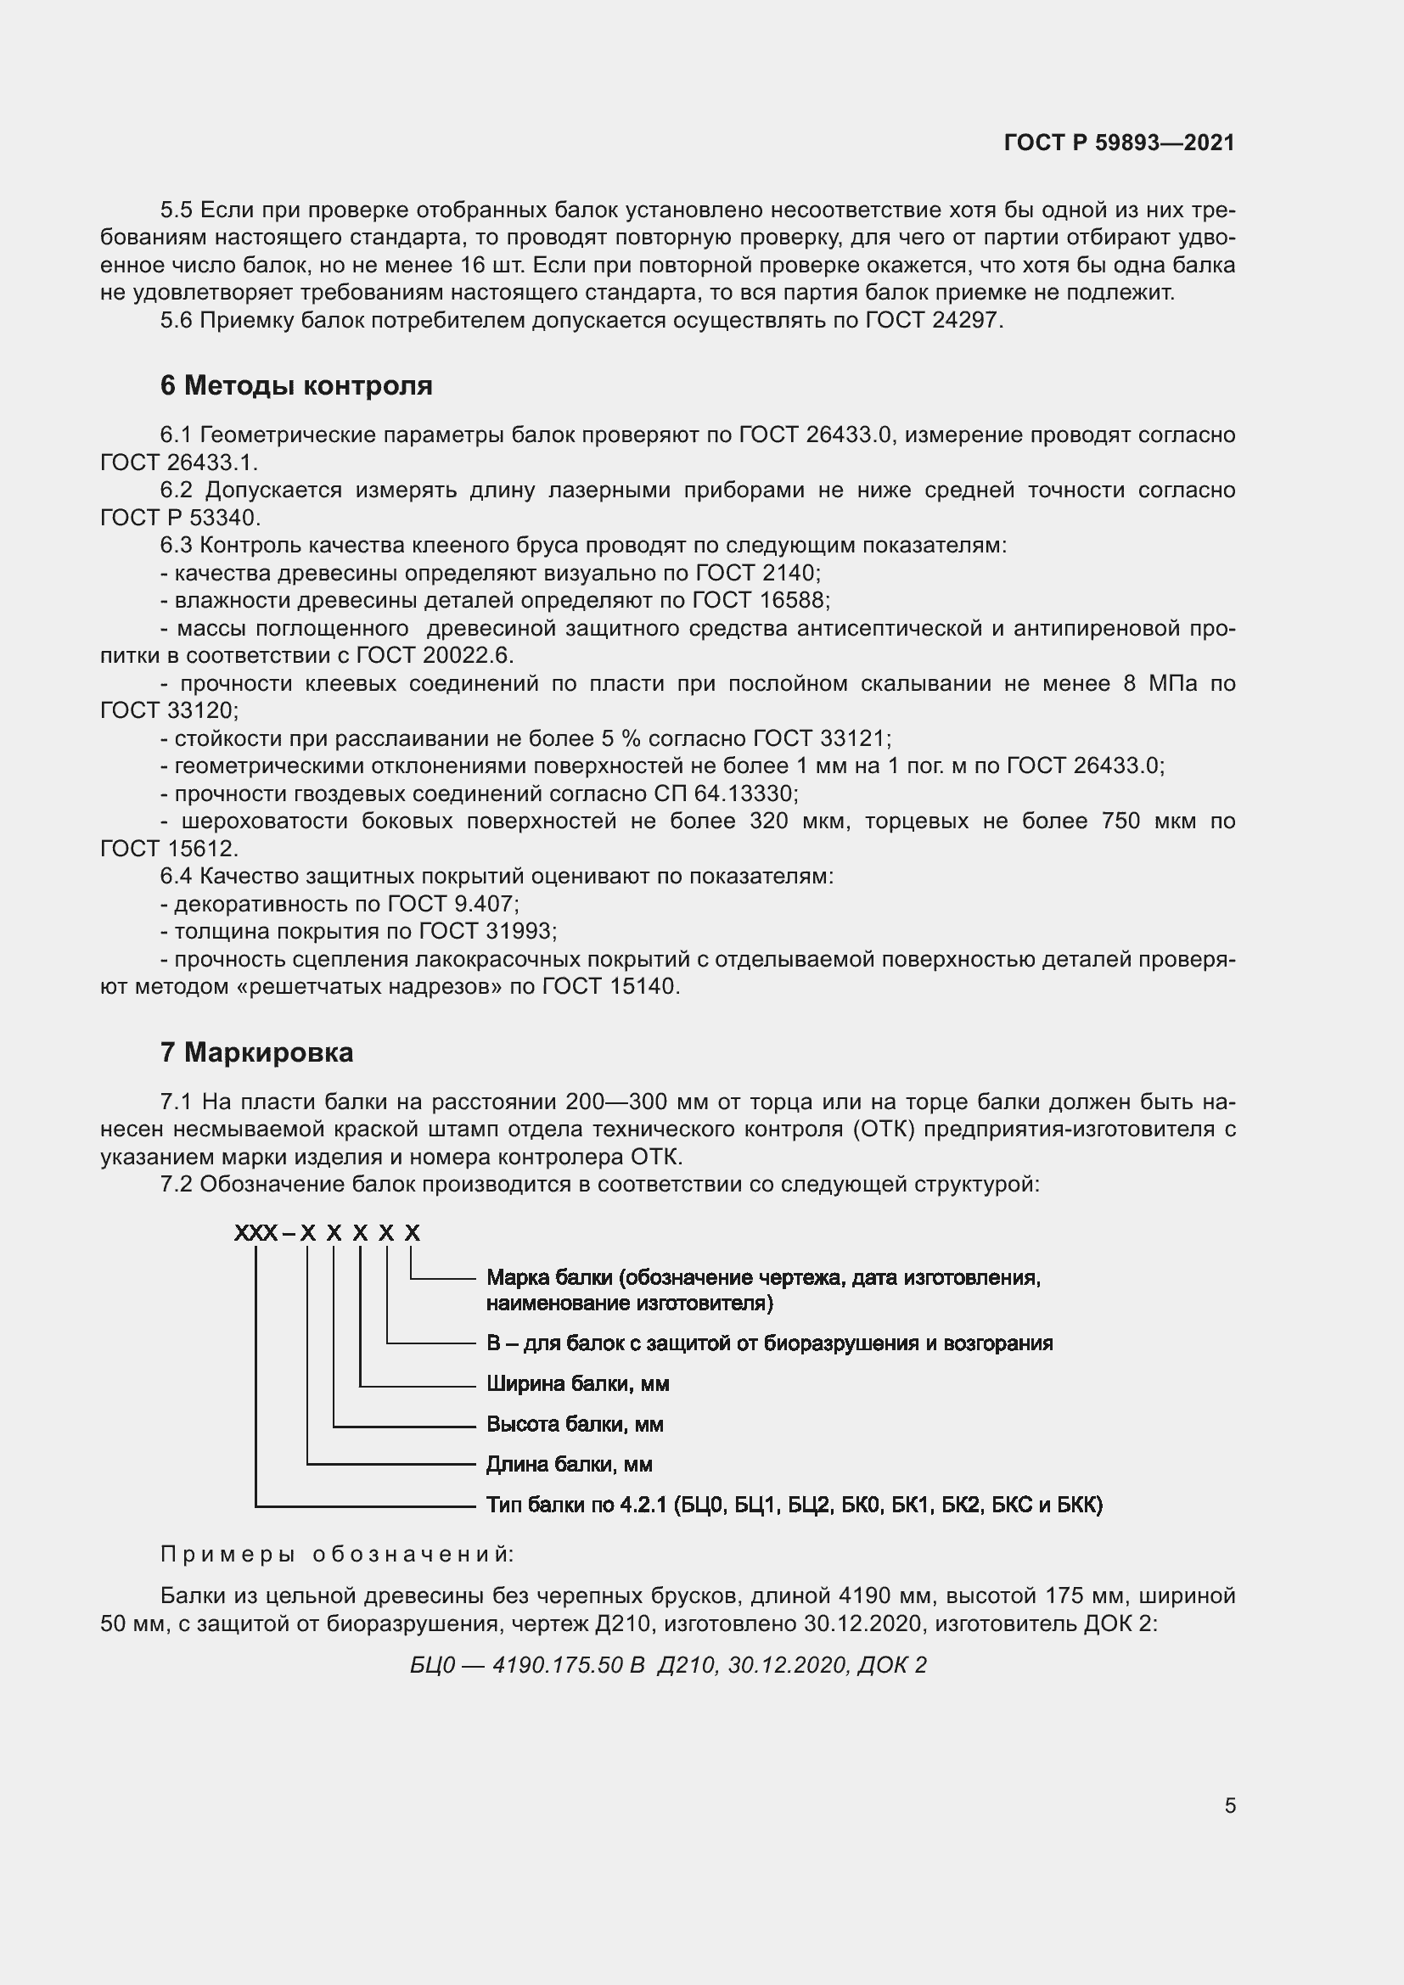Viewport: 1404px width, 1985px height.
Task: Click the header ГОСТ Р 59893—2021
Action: (x=1120, y=143)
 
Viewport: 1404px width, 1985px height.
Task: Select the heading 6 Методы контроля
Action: (x=295, y=384)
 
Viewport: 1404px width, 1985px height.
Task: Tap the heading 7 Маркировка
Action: (x=256, y=1052)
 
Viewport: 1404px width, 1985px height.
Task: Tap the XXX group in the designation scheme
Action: (x=255, y=1233)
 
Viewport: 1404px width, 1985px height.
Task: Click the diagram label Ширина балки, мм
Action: (x=577, y=1384)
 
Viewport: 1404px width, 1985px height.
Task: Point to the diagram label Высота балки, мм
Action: (x=575, y=1424)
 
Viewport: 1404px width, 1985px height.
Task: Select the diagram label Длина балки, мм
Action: (x=569, y=1465)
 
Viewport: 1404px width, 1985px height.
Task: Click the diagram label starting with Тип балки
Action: (x=794, y=1506)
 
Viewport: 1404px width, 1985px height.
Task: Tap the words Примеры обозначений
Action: (x=337, y=1554)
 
